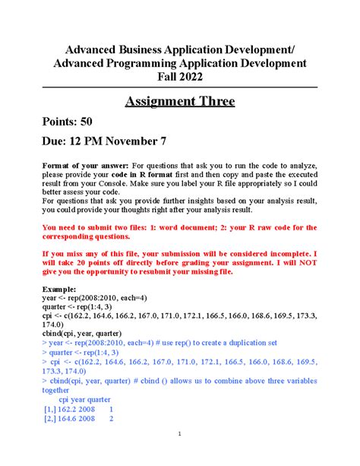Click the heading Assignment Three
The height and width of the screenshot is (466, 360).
coord(179,101)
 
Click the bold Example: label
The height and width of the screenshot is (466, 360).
coord(60,290)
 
